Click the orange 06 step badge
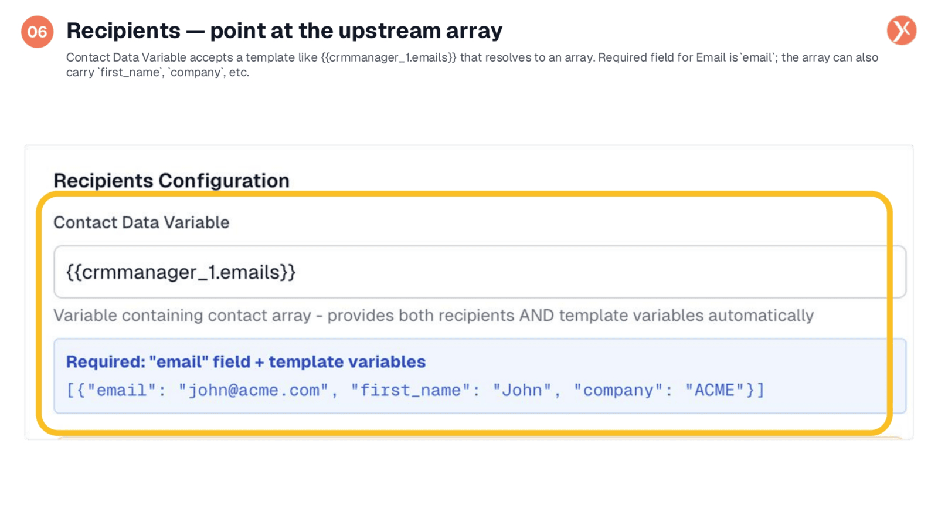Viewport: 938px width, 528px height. coord(38,32)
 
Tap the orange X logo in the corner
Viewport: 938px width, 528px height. coord(902,31)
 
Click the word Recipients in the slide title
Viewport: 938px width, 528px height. coord(123,31)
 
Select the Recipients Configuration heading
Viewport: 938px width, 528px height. coord(171,181)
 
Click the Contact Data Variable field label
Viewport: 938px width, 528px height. coord(141,222)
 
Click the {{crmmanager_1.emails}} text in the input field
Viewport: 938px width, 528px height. coord(181,272)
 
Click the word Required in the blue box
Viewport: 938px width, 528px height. coord(105,362)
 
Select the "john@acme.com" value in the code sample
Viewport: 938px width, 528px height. coord(253,391)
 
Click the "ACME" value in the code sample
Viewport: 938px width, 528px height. coord(714,391)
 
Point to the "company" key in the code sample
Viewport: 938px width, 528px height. coord(618,391)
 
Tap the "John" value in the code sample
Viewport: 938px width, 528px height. coord(522,391)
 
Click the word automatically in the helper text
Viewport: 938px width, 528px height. coord(761,316)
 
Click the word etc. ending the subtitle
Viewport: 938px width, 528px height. coord(239,73)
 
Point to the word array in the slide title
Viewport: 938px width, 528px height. coord(474,32)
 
